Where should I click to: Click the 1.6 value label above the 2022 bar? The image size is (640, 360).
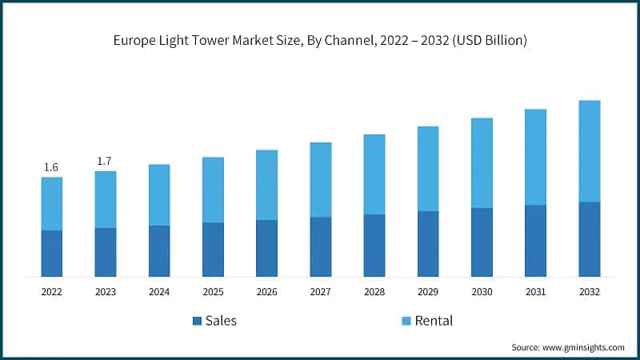click(51, 167)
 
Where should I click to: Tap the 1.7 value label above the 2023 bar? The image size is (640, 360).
click(105, 162)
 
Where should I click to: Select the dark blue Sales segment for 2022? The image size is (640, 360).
click(51, 254)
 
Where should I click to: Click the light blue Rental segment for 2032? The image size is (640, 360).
click(589, 151)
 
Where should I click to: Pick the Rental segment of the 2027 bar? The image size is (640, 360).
click(320, 180)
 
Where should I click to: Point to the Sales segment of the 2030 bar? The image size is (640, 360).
click(482, 242)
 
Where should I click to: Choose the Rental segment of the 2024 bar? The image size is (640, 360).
click(158, 195)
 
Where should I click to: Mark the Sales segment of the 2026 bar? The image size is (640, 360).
click(266, 248)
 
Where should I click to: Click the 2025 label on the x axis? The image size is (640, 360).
click(213, 293)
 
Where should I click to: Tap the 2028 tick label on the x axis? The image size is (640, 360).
click(374, 293)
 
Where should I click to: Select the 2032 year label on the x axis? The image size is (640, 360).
click(589, 293)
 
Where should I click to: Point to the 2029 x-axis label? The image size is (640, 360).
click(428, 293)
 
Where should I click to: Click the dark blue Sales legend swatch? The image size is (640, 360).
click(197, 321)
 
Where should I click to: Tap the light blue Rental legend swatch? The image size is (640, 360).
click(406, 321)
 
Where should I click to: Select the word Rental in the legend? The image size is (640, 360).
click(433, 321)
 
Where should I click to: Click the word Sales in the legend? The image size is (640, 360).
click(221, 321)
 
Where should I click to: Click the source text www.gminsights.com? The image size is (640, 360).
click(584, 347)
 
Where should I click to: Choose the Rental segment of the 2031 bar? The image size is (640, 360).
click(535, 158)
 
